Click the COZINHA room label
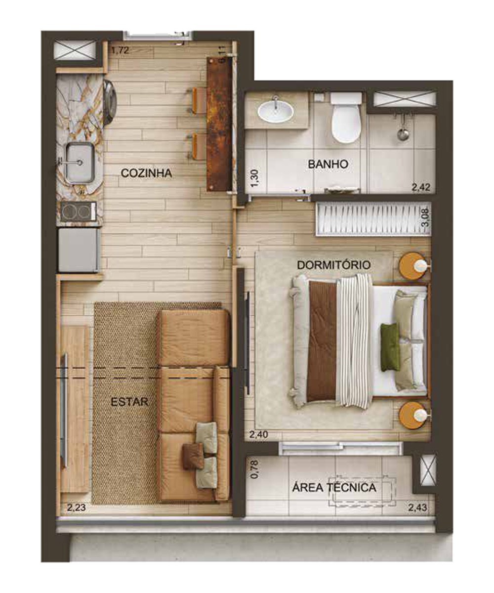(x=146, y=173)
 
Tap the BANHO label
(x=328, y=164)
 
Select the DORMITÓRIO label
(x=334, y=265)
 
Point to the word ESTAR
(x=129, y=402)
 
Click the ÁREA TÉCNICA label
(x=334, y=487)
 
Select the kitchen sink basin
(x=79, y=162)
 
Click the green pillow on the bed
(x=390, y=347)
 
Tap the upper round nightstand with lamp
(x=414, y=265)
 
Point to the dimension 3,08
(x=425, y=218)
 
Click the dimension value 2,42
(x=421, y=187)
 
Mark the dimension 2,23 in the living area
(x=77, y=508)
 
